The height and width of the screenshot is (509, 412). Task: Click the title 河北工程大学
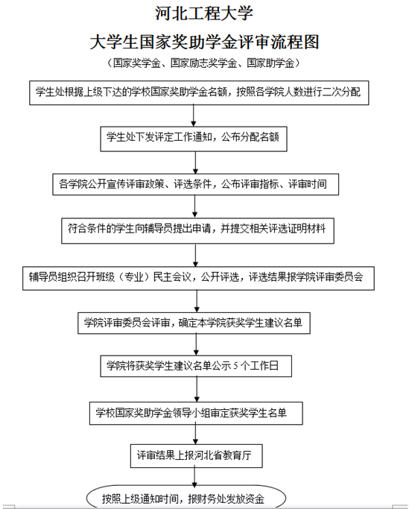(203, 13)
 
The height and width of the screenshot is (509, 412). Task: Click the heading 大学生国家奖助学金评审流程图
(204, 42)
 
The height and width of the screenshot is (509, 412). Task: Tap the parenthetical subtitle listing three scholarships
(203, 63)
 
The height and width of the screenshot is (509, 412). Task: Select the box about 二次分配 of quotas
(199, 93)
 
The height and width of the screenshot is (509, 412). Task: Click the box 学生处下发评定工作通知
(194, 139)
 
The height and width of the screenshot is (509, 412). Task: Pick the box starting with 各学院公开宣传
(196, 184)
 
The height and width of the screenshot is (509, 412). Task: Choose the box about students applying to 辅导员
(197, 231)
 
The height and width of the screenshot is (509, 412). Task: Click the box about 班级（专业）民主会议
(198, 278)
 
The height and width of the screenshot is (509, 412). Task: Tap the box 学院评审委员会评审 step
(194, 323)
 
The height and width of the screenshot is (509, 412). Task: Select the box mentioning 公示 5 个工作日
(196, 366)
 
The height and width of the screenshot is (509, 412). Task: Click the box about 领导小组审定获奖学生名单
(196, 414)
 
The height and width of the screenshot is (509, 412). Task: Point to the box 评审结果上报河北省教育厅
(196, 456)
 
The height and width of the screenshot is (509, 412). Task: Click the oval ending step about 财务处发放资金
(186, 496)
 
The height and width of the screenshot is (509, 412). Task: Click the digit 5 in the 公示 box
(235, 366)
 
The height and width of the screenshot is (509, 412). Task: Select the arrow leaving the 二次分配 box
(194, 116)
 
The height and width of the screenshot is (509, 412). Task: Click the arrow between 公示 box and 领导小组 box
(197, 390)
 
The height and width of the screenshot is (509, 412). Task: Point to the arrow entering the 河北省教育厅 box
(195, 434)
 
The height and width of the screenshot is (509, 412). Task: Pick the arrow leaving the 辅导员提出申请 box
(195, 255)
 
